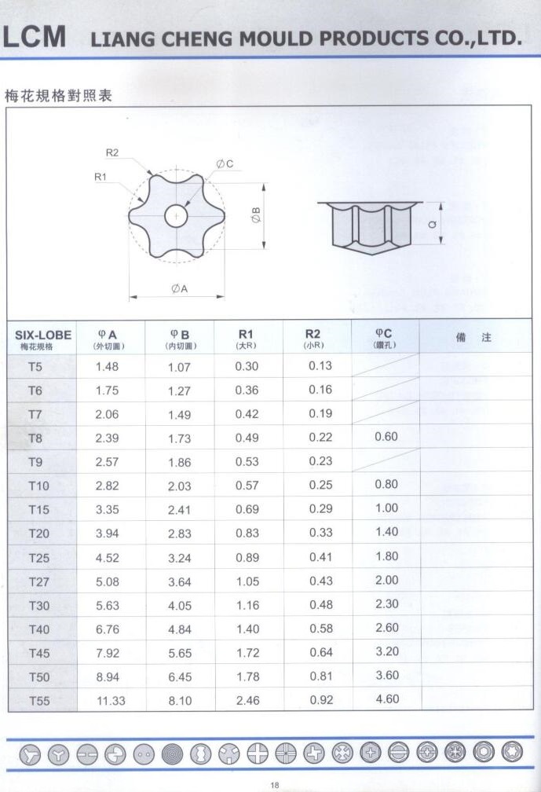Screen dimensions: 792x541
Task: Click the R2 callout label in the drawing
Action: (111, 152)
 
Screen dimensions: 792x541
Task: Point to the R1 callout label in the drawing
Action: (101, 178)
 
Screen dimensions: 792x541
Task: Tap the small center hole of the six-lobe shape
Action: (177, 215)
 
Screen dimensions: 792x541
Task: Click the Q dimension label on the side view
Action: (433, 223)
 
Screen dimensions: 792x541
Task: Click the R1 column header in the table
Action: (247, 339)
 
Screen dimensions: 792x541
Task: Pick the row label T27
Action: (38, 581)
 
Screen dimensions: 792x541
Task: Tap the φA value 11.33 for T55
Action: (110, 700)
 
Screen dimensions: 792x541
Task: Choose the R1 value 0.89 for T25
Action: (247, 557)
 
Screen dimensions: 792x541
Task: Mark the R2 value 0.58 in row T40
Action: (320, 628)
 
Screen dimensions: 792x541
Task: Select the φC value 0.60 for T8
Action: (386, 437)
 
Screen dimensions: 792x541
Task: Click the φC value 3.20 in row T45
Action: (386, 651)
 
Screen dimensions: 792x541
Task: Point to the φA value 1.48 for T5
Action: (107, 366)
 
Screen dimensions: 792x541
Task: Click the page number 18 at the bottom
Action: (274, 784)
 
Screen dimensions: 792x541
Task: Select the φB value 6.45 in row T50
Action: (180, 676)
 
